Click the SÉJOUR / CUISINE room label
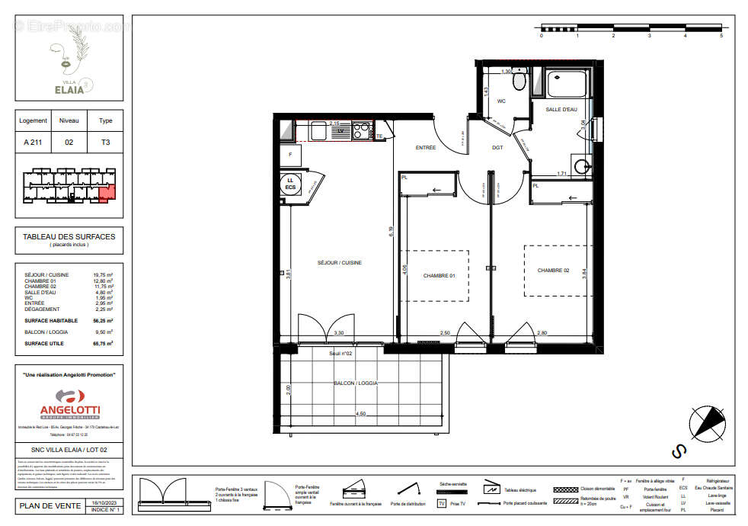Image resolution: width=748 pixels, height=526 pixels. click(x=340, y=263)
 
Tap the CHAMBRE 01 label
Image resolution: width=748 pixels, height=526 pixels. click(x=439, y=276)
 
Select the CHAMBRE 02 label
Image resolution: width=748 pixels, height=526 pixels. click(x=553, y=270)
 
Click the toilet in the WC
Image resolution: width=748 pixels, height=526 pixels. click(x=519, y=79)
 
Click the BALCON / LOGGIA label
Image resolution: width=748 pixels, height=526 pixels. click(x=355, y=383)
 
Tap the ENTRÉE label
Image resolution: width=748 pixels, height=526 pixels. click(x=425, y=148)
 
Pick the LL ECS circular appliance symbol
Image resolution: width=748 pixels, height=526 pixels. click(x=290, y=184)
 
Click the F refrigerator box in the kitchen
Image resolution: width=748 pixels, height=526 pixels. click(x=289, y=155)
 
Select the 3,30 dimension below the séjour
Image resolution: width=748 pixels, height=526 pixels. click(x=340, y=333)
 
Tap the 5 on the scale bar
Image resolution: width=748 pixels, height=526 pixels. click(x=721, y=35)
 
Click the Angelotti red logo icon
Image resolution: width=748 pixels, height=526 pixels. click(x=69, y=397)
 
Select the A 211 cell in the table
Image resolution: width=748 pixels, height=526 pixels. click(x=34, y=142)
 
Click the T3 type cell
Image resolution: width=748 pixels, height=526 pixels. click(x=106, y=142)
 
